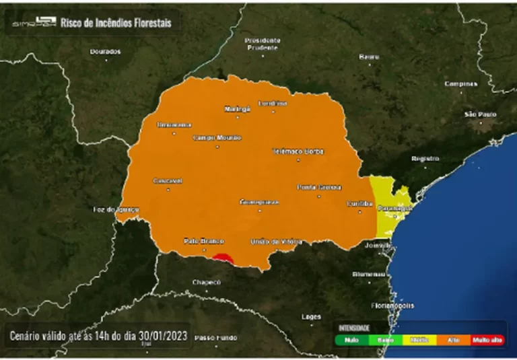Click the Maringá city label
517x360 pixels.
[238, 108]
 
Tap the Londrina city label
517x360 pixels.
[273, 104]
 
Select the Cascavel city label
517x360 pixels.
[168, 180]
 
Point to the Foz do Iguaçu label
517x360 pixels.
[116, 209]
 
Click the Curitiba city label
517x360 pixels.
[359, 203]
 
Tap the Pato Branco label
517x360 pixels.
[204, 241]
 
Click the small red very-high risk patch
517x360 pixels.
[222, 257]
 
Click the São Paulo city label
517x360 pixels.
[480, 114]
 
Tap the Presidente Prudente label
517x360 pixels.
[263, 44]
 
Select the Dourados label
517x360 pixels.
[106, 51]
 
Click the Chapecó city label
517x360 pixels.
[207, 282]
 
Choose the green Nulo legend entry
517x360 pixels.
[351, 340]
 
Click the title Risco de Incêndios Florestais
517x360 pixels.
[116, 23]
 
